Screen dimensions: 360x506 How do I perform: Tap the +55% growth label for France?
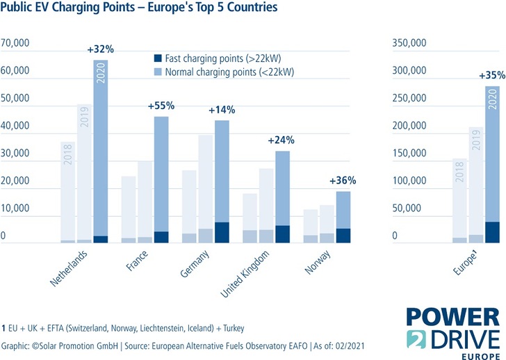(161, 106)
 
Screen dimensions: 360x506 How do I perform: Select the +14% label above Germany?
(222, 110)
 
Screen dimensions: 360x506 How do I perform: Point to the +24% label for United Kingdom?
(281, 140)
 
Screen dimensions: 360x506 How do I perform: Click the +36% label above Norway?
(342, 181)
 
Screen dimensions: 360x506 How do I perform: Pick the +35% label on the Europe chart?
(493, 76)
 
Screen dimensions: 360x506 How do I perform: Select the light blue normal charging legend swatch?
(157, 71)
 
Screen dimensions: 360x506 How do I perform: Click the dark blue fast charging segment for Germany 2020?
(222, 233)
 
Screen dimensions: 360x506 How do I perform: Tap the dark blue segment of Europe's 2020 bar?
(492, 233)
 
